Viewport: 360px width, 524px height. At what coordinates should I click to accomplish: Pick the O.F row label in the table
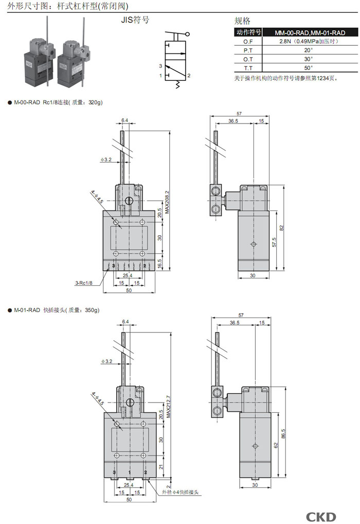click(248, 41)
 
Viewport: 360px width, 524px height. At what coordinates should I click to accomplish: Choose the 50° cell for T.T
click(308, 67)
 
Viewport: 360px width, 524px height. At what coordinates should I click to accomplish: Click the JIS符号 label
click(135, 21)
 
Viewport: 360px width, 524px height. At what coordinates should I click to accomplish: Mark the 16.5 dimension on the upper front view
click(160, 263)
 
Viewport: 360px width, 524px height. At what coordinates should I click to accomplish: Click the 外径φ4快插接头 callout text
click(180, 493)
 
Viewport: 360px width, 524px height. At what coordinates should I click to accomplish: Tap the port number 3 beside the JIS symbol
click(160, 66)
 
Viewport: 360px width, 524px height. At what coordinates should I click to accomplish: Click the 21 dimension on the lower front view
click(160, 467)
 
